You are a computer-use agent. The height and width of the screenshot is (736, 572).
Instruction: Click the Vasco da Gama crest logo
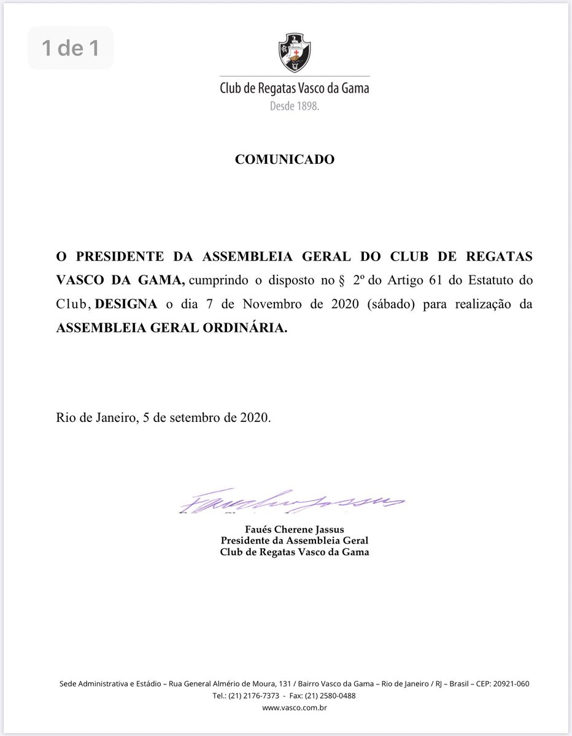pyautogui.click(x=295, y=53)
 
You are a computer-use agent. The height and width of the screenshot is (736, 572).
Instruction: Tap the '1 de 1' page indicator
pyautogui.click(x=71, y=48)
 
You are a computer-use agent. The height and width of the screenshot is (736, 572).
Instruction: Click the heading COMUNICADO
pyautogui.click(x=285, y=159)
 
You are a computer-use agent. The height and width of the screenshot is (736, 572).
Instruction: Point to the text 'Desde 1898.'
pyautogui.click(x=295, y=106)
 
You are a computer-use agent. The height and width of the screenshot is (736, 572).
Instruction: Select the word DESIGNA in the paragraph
pyautogui.click(x=126, y=304)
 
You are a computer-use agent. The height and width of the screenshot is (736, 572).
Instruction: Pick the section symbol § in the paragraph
pyautogui.click(x=341, y=280)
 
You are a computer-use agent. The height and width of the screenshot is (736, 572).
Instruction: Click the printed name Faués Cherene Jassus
pyautogui.click(x=294, y=529)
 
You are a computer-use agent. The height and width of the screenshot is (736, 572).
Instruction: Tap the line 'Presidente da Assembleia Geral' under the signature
pyautogui.click(x=295, y=540)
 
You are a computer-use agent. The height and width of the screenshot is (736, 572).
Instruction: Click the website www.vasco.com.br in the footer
pyautogui.click(x=295, y=708)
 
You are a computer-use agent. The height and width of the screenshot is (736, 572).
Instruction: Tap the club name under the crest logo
pyautogui.click(x=295, y=88)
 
